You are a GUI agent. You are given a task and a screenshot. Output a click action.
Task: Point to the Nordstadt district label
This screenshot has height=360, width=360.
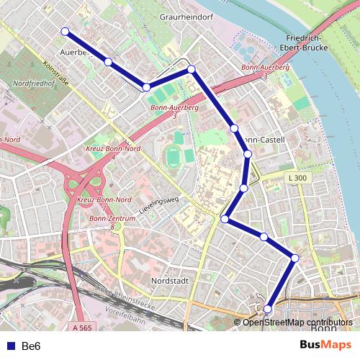[x=170, y=281]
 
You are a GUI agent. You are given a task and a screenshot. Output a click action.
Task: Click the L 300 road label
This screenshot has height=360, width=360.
[x=296, y=177]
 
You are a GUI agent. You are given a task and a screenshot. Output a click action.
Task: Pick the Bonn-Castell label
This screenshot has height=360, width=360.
[x=264, y=139]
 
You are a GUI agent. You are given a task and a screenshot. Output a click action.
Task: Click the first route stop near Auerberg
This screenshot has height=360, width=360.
[x=65, y=31]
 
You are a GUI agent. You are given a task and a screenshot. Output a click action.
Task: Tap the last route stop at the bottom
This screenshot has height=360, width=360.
[x=267, y=310]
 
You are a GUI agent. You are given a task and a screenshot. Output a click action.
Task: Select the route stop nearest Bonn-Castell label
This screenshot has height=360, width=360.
[x=234, y=127]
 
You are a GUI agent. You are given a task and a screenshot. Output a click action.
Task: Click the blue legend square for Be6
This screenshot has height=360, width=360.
[x=10, y=346]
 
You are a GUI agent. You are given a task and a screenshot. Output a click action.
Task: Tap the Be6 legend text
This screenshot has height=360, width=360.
[x=32, y=346]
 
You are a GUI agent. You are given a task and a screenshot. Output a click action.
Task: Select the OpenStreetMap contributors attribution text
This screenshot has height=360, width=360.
[x=298, y=322]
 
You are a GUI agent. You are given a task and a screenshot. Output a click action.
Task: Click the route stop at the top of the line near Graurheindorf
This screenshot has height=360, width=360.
[x=192, y=68]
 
